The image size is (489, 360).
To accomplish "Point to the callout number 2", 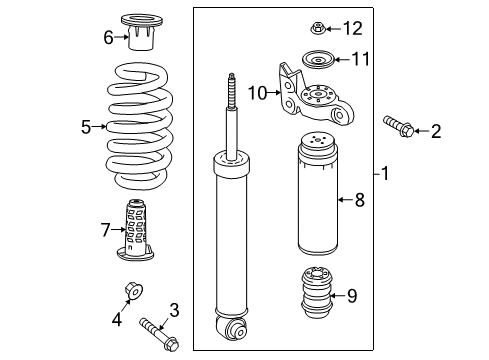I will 435,131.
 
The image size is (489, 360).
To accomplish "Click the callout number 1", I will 384,173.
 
